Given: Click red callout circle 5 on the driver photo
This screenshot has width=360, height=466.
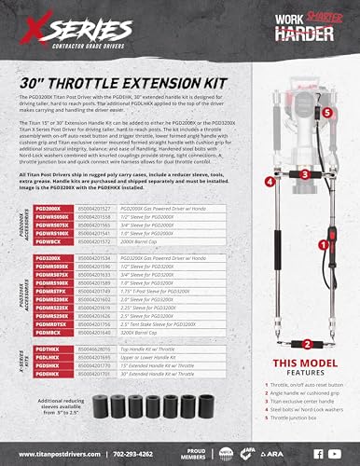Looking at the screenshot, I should click(300, 109).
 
